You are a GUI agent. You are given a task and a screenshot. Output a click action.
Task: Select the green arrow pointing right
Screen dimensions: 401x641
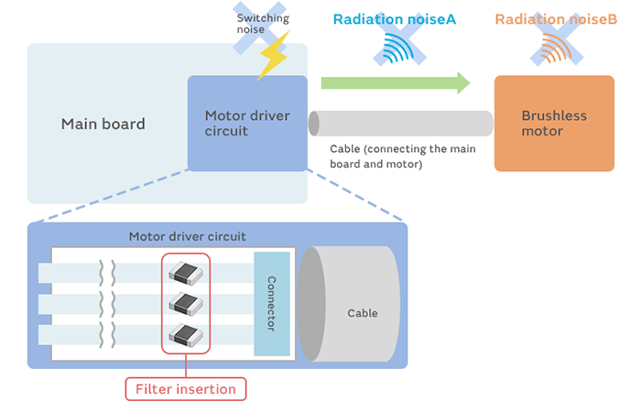(x=395, y=83)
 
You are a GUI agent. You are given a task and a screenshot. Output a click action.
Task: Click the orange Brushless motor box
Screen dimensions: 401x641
(x=554, y=124)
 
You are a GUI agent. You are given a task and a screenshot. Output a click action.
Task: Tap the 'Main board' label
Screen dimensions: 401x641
(x=103, y=124)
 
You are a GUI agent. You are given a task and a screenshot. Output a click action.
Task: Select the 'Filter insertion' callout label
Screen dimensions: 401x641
(x=186, y=389)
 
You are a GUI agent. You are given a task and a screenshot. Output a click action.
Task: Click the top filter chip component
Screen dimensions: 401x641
(x=185, y=272)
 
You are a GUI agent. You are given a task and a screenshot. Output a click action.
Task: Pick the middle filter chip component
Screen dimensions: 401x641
(x=185, y=302)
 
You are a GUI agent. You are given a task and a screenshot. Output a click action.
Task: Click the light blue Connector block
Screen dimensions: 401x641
(x=272, y=304)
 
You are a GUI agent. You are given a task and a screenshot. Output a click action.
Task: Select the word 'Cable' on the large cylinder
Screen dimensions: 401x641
(x=362, y=313)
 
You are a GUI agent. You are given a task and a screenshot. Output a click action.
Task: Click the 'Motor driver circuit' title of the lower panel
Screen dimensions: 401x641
(x=187, y=236)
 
